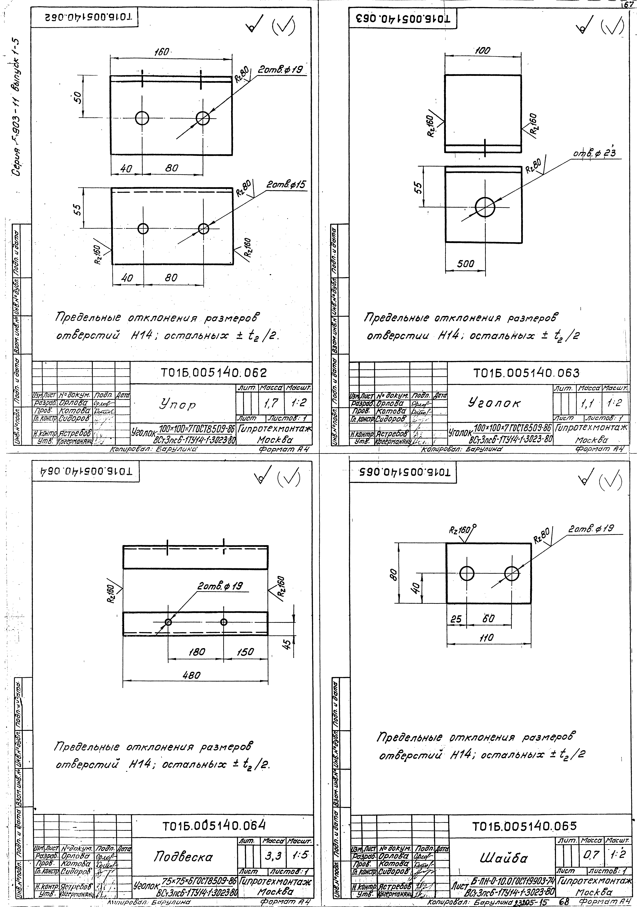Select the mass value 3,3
tap(271, 856)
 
